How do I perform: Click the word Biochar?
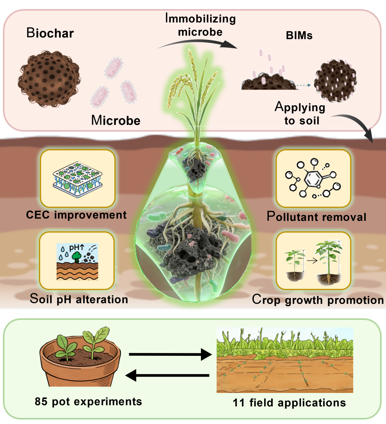pos(50,33)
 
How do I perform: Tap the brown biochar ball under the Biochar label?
pos(49,78)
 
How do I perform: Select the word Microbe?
pos(116,120)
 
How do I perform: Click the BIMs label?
pos(299,35)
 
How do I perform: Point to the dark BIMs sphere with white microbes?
pos(335,81)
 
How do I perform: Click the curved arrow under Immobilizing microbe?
pos(197,43)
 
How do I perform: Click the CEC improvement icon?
pos(78,179)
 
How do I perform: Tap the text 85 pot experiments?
pos(88,402)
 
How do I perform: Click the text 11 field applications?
pos(289,403)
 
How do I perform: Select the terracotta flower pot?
pos(80,360)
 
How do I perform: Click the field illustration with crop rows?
pos(285,360)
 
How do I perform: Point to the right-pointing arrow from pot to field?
pos(170,354)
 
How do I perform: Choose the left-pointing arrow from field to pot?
pos(167,375)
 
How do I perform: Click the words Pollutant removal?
pos(316,217)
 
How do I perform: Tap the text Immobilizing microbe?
pos(201,25)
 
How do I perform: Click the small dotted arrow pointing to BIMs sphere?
pos(304,85)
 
